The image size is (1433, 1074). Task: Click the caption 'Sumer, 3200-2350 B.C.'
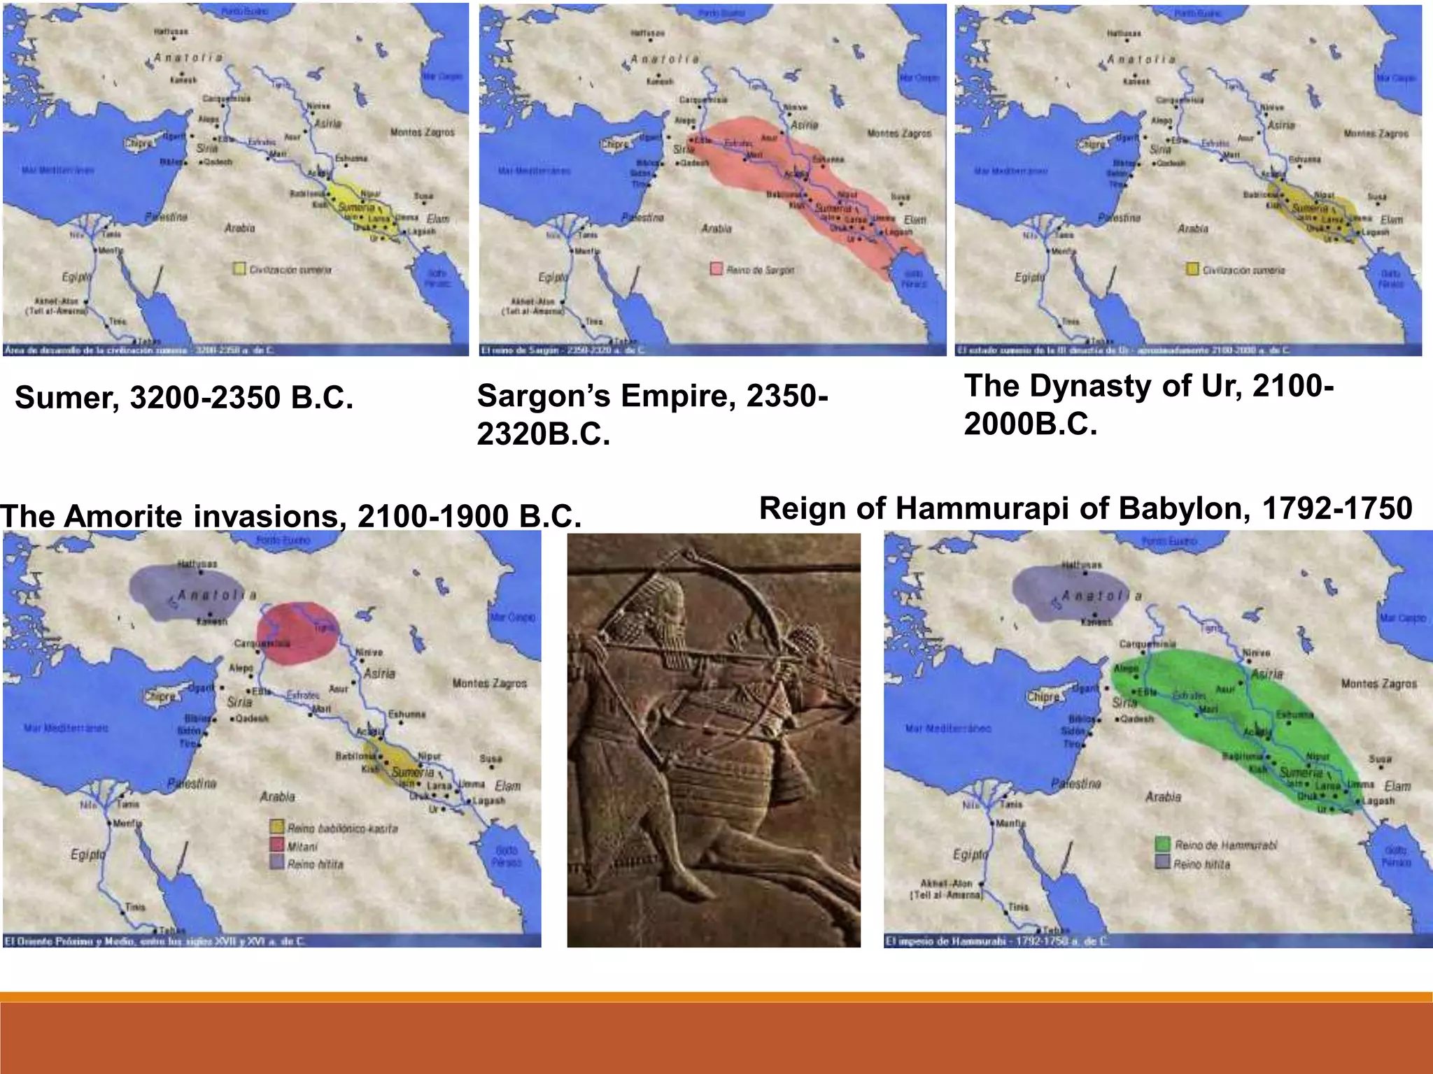(x=184, y=398)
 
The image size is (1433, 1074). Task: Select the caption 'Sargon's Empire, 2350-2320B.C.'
(x=652, y=415)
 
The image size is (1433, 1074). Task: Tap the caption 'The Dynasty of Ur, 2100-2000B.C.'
(x=1148, y=405)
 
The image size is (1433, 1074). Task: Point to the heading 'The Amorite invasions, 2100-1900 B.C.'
(x=290, y=516)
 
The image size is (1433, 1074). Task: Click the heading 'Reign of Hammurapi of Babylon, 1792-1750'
(x=1085, y=508)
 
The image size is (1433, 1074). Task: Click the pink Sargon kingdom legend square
(x=716, y=269)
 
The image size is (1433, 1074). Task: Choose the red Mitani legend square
(x=277, y=846)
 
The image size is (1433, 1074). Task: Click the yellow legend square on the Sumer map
(x=239, y=269)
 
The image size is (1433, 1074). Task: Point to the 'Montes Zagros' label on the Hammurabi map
(x=1378, y=683)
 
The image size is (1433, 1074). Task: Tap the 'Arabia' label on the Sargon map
(x=716, y=229)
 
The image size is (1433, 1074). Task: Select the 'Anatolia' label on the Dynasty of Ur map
(x=1140, y=60)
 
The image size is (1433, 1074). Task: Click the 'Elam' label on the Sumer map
(x=438, y=219)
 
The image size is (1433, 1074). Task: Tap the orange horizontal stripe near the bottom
(x=716, y=997)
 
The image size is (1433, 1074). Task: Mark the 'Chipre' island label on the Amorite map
(x=160, y=696)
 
